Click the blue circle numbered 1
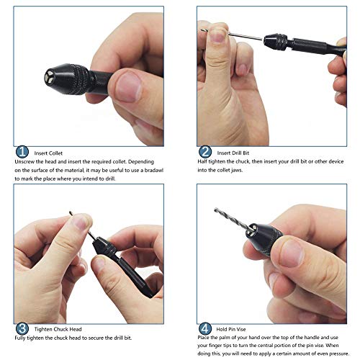(22, 152)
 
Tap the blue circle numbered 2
(205, 152)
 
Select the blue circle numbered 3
(22, 328)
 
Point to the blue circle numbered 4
(205, 328)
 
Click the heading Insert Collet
(48, 153)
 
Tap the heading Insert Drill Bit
(233, 153)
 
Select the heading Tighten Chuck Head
(58, 329)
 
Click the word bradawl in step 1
(154, 170)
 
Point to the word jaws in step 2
(237, 170)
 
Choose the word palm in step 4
(218, 338)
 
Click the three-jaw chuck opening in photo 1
(50, 77)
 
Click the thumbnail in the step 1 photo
(128, 87)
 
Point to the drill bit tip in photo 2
(202, 30)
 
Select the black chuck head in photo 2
(276, 42)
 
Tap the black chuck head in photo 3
(104, 246)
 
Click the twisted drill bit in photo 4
(234, 220)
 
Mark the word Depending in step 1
(141, 162)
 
